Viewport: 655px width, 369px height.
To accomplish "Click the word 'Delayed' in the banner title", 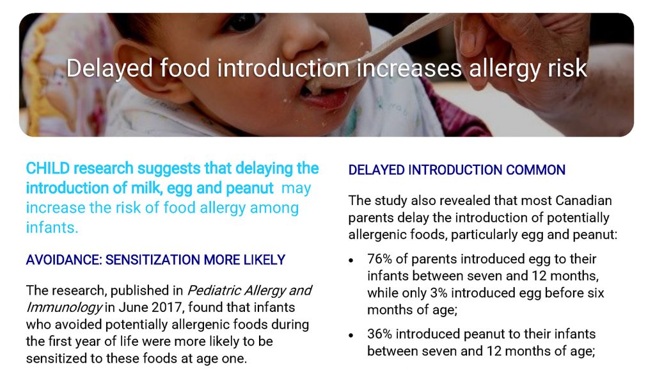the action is click(x=109, y=69).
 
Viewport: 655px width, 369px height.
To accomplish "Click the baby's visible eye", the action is click(x=245, y=21).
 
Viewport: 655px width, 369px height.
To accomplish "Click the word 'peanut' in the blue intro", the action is click(x=249, y=189).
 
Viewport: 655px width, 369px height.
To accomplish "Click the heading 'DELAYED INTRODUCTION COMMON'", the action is click(x=457, y=170).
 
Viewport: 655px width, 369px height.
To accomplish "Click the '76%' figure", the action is click(x=380, y=259).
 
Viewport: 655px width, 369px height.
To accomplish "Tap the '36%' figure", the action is click(x=380, y=334).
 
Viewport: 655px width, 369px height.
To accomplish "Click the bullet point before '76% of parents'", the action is click(x=351, y=260).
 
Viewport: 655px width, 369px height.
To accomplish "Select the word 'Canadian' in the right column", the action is click(x=583, y=201).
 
